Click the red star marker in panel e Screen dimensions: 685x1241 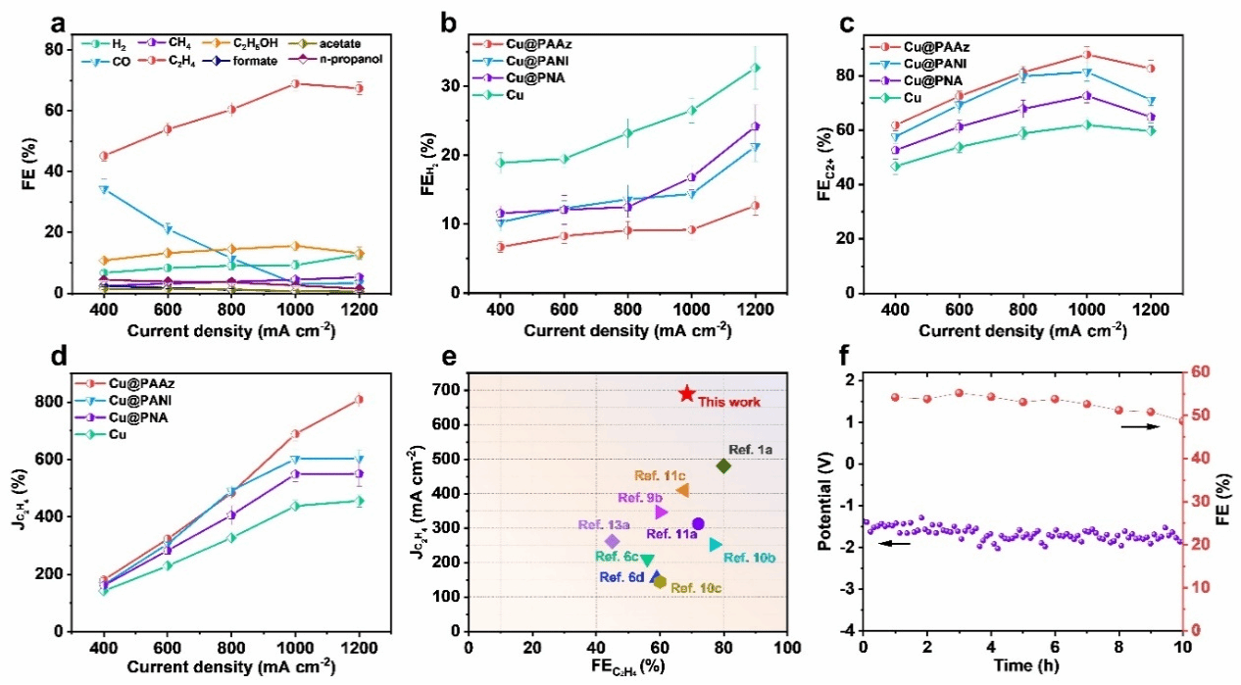tap(687, 393)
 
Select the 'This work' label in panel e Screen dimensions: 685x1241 tap(728, 402)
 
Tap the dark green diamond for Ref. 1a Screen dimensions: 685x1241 tap(723, 466)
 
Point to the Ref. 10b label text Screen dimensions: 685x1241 tap(750, 558)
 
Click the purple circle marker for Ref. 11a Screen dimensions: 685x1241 tap(698, 524)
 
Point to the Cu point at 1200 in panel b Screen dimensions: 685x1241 tap(755, 68)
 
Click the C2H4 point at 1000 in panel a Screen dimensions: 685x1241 tap(295, 83)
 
